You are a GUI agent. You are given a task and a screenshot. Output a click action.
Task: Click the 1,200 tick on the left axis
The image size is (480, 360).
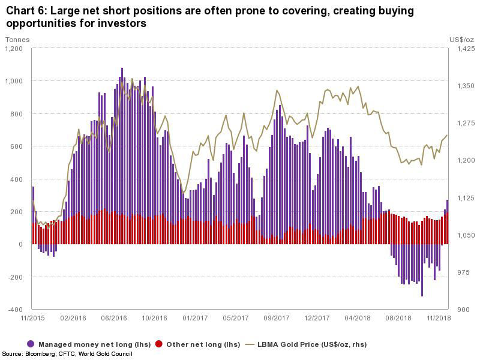coord(13,49)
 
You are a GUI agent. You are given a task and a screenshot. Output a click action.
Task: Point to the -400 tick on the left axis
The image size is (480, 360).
coord(14,310)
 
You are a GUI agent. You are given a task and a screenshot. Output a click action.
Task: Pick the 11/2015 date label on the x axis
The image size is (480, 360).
coord(32,317)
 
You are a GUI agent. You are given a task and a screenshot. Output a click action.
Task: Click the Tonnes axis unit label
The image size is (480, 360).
coord(17,40)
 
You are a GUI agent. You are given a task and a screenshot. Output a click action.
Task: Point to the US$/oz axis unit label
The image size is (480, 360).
coord(461,40)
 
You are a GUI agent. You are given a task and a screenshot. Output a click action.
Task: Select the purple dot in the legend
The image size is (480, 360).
coord(31,344)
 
